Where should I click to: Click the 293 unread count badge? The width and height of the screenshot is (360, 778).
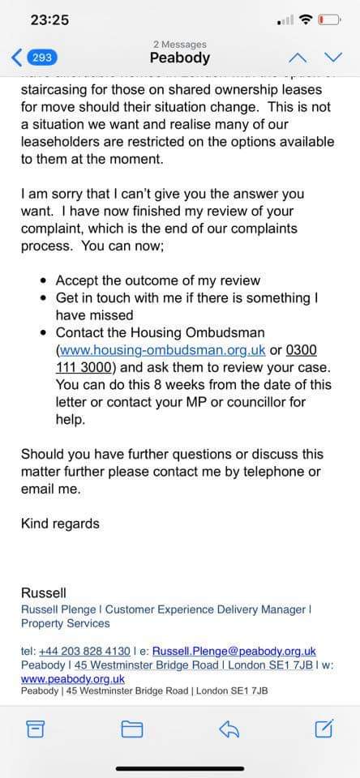[x=43, y=58]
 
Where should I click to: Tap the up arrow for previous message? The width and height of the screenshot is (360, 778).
[x=298, y=57]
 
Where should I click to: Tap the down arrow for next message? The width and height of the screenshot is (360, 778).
[x=333, y=57]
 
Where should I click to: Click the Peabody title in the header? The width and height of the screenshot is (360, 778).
[x=179, y=58]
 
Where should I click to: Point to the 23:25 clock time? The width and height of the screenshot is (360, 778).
[x=49, y=19]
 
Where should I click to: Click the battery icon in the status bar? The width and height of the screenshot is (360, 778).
[x=328, y=19]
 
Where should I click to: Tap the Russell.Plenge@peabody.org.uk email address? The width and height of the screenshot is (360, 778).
[x=234, y=651]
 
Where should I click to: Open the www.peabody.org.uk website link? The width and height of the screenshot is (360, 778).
[x=72, y=678]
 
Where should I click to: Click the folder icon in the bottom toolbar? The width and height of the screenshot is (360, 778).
[x=131, y=729]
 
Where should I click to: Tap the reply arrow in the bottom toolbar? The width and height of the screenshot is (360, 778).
[x=228, y=729]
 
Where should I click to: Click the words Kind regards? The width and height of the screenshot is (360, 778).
[x=60, y=524]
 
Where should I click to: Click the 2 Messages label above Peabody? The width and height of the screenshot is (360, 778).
[x=179, y=44]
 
